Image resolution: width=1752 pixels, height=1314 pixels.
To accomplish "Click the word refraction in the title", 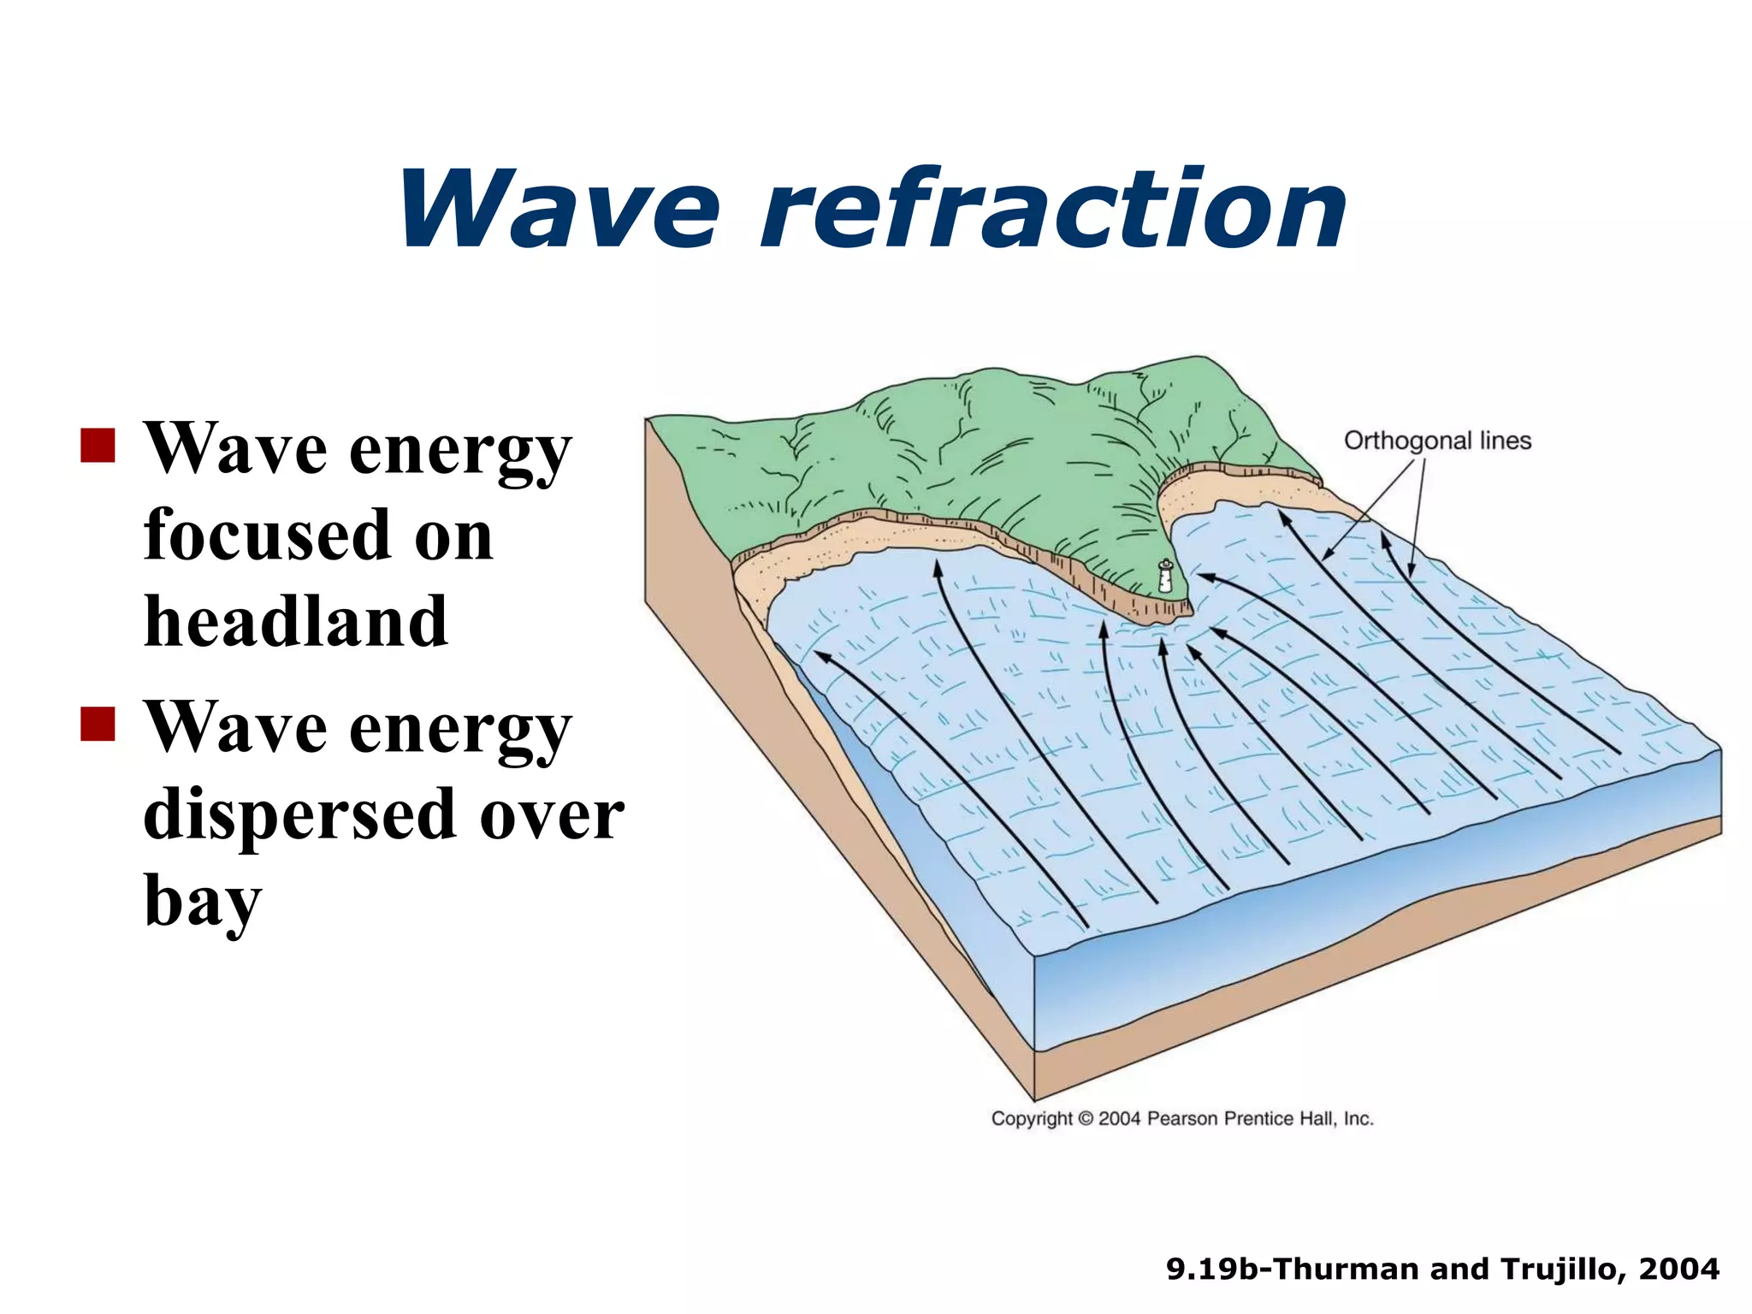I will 1054,210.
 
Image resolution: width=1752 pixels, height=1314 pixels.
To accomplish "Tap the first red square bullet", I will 98,445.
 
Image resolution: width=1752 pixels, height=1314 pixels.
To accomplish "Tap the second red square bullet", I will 98,723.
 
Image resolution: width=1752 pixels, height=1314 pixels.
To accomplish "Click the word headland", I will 296,622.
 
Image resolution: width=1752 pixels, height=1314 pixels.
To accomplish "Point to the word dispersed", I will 299,815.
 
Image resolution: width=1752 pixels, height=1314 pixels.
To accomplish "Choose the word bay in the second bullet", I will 202,903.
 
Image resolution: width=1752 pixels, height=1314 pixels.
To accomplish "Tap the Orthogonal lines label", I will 1437,441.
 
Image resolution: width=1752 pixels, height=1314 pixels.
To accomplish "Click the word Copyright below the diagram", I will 1031,1119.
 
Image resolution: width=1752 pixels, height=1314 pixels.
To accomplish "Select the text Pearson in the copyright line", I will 1183,1119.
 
